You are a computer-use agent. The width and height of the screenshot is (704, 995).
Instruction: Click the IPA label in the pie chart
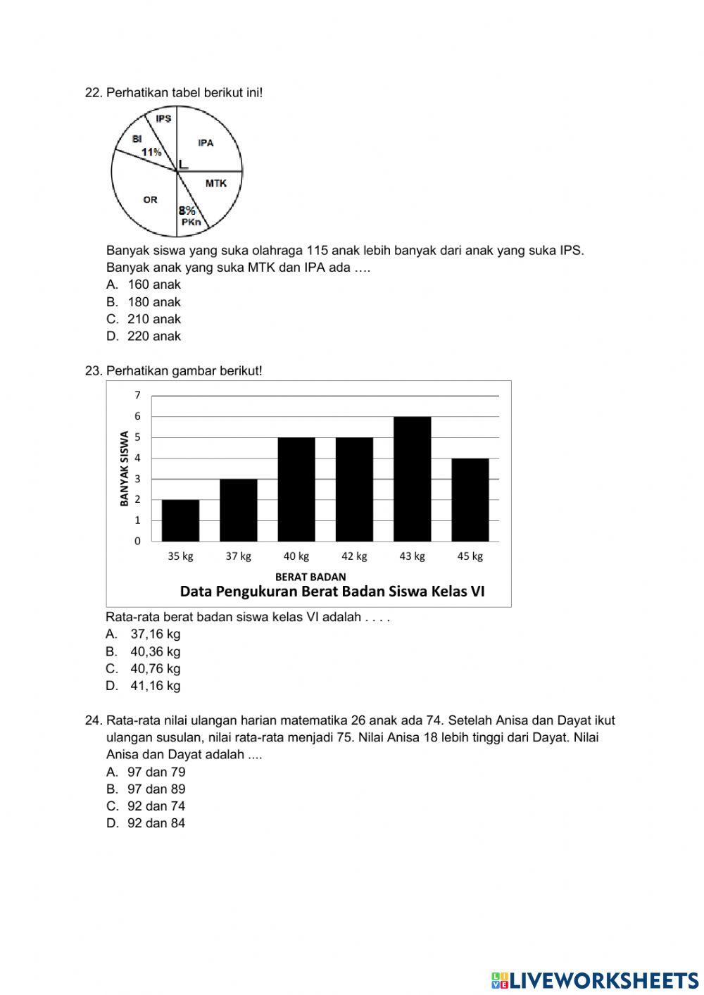click(206, 143)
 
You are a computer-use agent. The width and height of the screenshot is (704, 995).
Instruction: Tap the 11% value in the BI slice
click(151, 152)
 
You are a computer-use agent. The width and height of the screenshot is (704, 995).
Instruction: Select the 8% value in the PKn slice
click(187, 210)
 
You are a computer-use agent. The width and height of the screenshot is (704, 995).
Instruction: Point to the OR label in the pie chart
click(150, 200)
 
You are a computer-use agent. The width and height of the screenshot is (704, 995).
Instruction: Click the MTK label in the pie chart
click(215, 183)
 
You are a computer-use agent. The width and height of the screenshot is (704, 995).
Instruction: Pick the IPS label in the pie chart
click(163, 119)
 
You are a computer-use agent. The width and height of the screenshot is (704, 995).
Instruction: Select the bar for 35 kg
click(180, 520)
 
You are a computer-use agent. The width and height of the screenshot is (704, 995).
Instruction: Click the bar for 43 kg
click(412, 479)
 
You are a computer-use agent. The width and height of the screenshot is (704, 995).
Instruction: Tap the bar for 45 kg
click(470, 499)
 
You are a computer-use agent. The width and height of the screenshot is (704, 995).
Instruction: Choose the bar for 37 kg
click(238, 510)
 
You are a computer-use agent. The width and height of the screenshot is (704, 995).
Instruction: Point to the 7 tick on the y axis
click(138, 395)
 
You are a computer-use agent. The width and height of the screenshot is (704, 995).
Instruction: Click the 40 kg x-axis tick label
click(296, 556)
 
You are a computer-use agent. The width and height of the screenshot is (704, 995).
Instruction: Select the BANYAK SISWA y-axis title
click(125, 468)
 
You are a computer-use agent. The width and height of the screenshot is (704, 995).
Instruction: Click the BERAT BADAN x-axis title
click(310, 577)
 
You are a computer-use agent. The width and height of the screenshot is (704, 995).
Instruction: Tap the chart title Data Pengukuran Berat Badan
click(332, 592)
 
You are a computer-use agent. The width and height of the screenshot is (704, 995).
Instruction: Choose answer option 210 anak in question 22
click(153, 319)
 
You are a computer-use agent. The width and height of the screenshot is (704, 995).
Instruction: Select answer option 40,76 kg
click(155, 669)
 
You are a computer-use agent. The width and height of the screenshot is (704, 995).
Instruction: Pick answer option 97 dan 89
click(156, 789)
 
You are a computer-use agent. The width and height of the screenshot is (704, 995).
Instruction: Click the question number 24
click(93, 720)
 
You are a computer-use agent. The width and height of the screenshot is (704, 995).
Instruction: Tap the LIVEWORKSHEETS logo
click(595, 980)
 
